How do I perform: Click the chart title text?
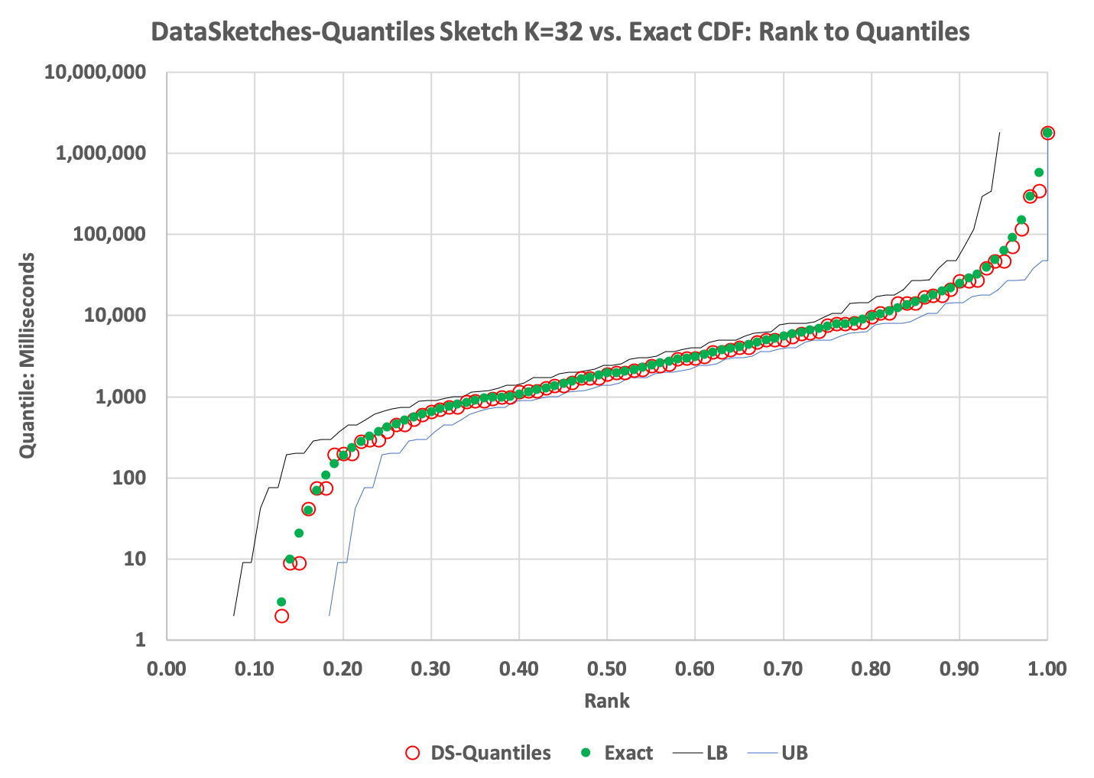click(x=560, y=31)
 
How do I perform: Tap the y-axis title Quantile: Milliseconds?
click(x=28, y=355)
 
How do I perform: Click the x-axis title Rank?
click(x=607, y=701)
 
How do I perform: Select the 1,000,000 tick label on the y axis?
click(x=100, y=154)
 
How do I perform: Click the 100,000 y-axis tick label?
click(x=109, y=235)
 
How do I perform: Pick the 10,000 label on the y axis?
click(x=114, y=316)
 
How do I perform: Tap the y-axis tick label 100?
click(x=128, y=478)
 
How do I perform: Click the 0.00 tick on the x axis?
click(x=167, y=669)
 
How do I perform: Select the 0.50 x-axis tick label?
click(x=607, y=669)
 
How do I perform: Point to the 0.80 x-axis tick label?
click(x=871, y=669)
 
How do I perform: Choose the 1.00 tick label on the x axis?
click(x=1047, y=669)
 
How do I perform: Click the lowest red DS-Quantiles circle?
click(x=281, y=615)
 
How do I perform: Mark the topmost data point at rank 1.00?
click(x=1047, y=133)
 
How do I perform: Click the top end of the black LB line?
click(x=999, y=133)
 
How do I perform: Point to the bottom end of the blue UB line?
click(x=329, y=615)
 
